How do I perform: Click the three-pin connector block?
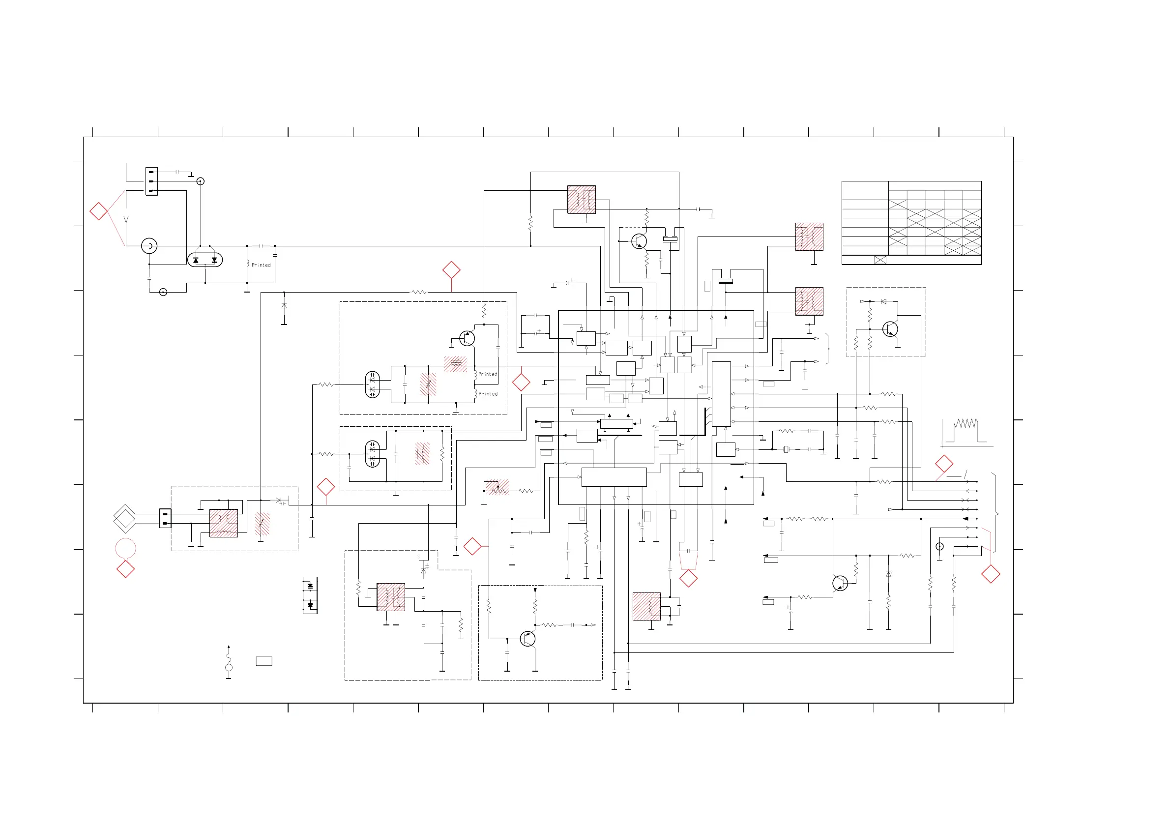151,181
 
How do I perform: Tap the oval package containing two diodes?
205,260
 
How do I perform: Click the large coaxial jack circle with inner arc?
149,246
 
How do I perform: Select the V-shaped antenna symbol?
126,220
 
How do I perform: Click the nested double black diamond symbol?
125,519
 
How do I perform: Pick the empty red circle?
125,548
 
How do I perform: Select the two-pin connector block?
165,518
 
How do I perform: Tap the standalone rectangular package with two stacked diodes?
310,595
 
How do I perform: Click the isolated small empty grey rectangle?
263,661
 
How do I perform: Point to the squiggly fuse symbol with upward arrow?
229,662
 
